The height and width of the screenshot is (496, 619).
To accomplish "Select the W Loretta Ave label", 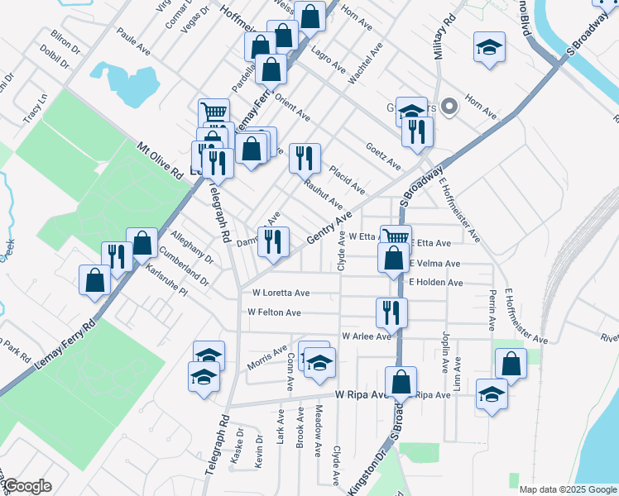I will (281, 293).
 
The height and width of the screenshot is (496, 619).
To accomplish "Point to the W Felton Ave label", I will (274, 312).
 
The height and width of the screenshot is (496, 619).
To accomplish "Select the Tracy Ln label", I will (36, 108).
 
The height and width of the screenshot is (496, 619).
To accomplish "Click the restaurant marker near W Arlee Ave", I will (391, 312).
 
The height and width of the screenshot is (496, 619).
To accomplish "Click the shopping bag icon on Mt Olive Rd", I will (142, 242).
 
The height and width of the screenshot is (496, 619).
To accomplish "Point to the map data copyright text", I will (567, 489).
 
